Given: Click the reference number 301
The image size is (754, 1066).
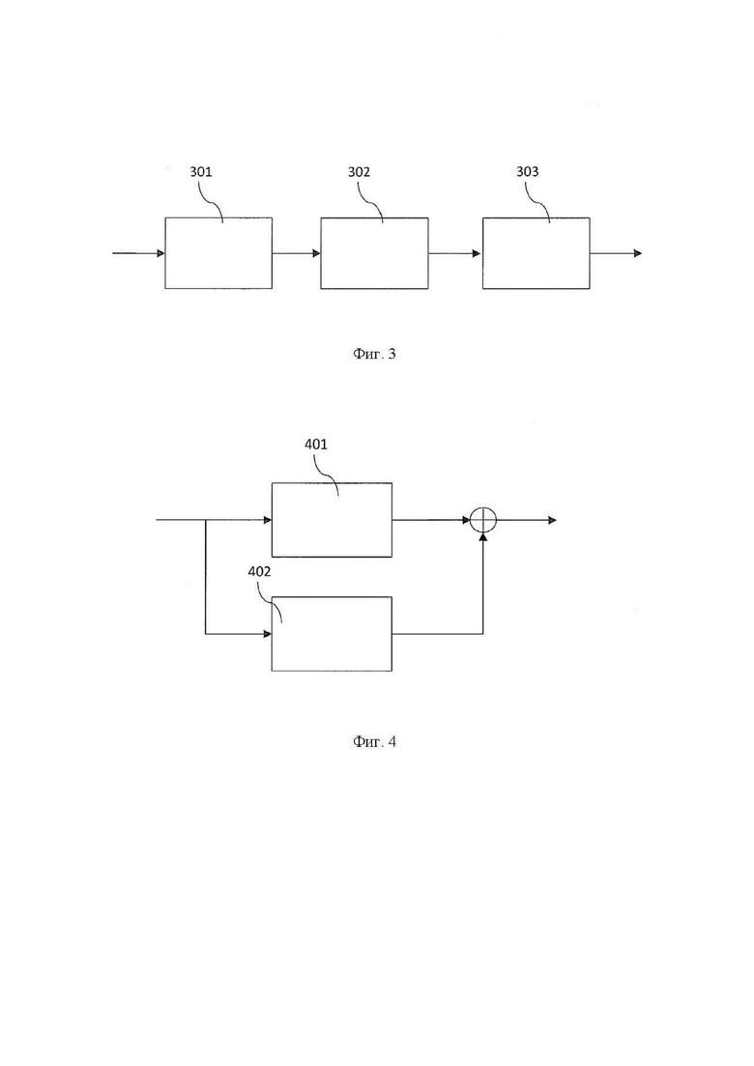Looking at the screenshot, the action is (200, 171).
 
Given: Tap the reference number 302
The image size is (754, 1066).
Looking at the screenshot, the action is (359, 171).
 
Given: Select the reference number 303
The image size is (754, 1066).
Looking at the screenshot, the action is (527, 171).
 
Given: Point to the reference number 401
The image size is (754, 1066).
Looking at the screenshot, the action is (315, 444).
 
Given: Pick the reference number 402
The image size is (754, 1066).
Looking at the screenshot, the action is (259, 571).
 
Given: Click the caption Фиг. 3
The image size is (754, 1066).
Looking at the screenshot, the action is (375, 354).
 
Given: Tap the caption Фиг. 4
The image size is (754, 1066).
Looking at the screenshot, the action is (375, 741).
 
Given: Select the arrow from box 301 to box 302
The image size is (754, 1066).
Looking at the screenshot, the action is (297, 253).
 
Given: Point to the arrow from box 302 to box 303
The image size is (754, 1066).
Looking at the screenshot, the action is (455, 253).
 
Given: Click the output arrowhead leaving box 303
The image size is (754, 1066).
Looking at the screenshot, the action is (638, 253).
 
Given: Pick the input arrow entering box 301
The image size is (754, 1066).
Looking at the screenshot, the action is (138, 253).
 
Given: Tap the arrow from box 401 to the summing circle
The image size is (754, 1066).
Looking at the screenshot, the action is (431, 520).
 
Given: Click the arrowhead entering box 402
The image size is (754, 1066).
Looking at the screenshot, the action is (268, 634).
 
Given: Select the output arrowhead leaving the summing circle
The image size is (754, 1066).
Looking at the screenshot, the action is (553, 520).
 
